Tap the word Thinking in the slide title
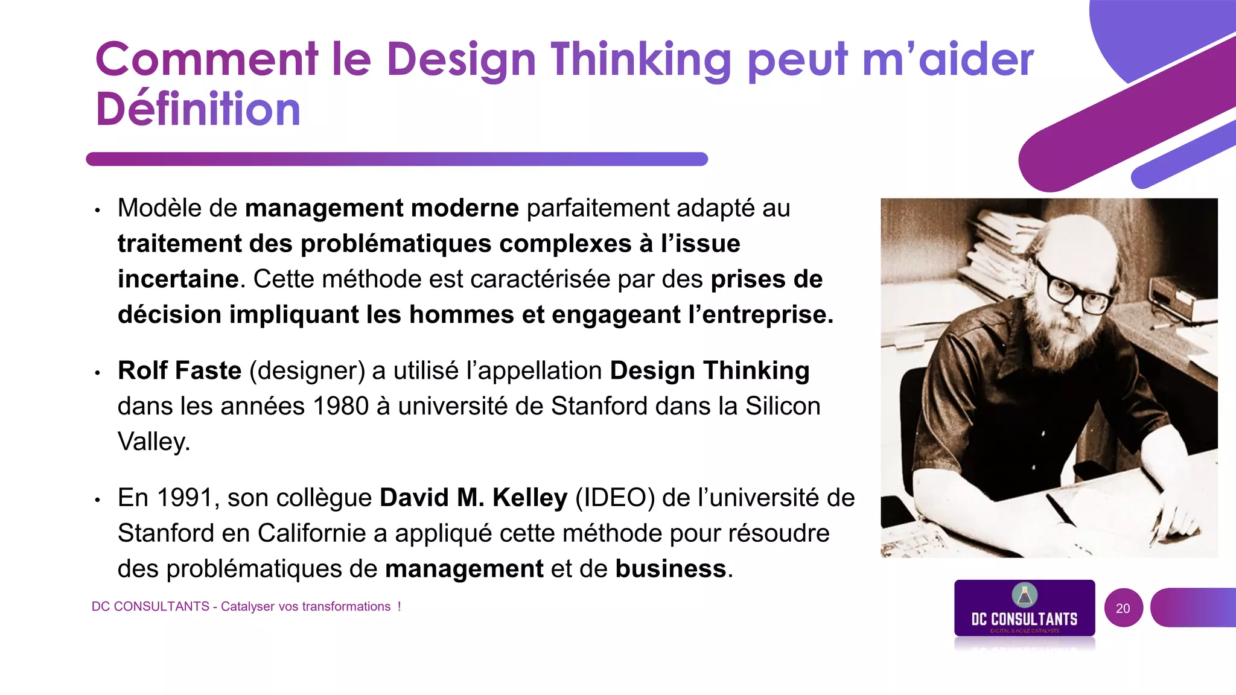point(640,60)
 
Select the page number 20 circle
point(1123,608)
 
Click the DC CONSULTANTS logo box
point(1024,609)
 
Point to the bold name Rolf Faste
point(179,370)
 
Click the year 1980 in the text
point(340,406)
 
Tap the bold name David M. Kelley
point(473,498)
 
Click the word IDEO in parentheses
point(614,498)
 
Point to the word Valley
point(153,442)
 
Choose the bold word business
point(671,569)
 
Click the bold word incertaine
point(178,279)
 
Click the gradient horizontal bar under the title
point(397,159)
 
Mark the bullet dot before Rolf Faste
point(97,373)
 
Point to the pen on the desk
point(1060,509)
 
